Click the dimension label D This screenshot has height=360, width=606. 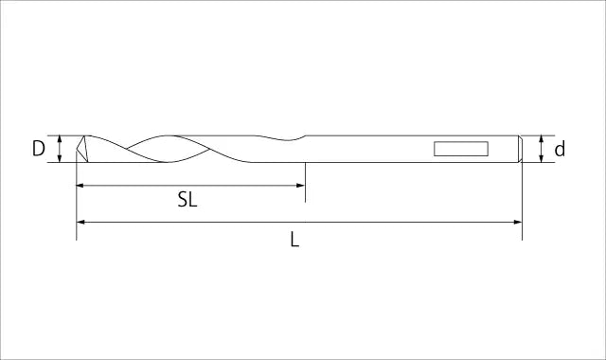(x=38, y=149)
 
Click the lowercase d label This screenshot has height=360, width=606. (x=560, y=150)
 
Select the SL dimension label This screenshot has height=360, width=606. (x=187, y=200)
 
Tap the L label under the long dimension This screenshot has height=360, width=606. (x=294, y=240)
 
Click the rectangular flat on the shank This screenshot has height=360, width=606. (x=461, y=149)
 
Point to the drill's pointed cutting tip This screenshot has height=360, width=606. (x=77, y=149)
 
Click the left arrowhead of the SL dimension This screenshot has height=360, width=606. (x=80, y=186)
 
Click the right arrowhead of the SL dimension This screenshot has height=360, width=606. (x=301, y=186)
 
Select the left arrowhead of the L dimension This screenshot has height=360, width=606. (x=80, y=222)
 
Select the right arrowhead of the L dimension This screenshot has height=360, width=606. (x=518, y=222)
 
